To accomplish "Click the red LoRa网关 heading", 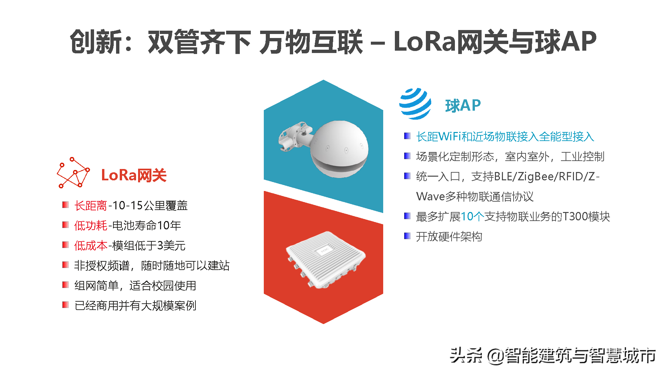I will [134, 175].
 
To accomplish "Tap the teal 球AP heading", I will [463, 106].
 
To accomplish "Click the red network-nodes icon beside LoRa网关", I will [73, 173].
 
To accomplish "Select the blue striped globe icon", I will [415, 104].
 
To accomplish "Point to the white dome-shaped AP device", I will [340, 149].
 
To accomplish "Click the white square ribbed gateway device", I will [325, 259].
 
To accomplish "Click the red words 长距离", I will [90, 206].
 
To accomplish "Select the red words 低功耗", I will [90, 226].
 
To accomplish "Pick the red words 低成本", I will [90, 246].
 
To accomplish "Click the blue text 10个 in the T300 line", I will [472, 217].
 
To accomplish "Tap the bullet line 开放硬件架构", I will [449, 237].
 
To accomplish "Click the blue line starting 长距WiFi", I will [505, 137].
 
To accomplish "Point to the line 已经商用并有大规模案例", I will [135, 306].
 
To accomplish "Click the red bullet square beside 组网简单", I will [65, 285].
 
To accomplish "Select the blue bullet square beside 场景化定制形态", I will [407, 156].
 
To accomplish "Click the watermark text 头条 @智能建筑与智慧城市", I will [553, 355].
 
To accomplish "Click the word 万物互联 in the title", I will [311, 42].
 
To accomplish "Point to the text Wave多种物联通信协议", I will [475, 197].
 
